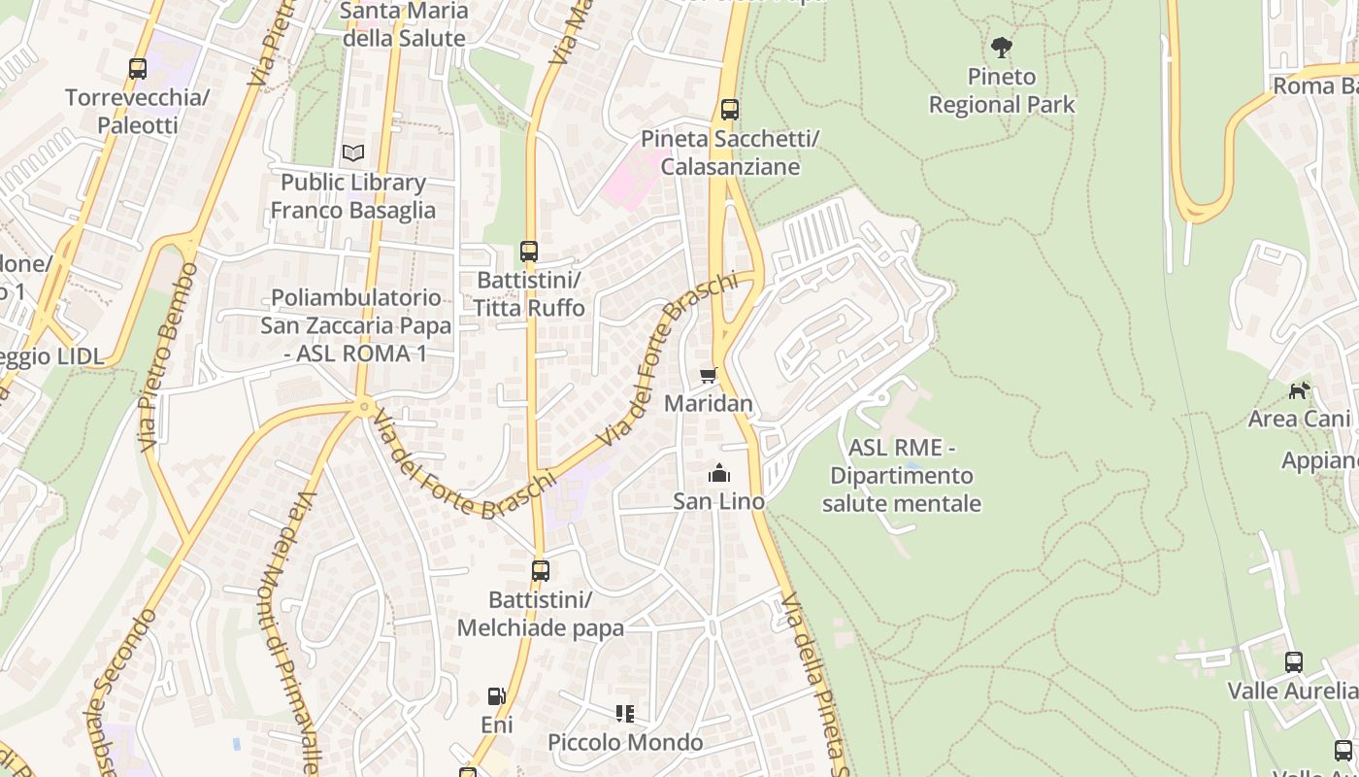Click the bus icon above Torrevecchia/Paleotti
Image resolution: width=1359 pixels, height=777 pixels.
pyautogui.click(x=138, y=69)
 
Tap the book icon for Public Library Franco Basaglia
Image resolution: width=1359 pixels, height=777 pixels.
pyautogui.click(x=353, y=153)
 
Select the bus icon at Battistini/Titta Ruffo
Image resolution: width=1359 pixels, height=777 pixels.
pyautogui.click(x=529, y=252)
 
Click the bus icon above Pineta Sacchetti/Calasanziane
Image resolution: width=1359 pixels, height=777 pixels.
pyautogui.click(x=730, y=110)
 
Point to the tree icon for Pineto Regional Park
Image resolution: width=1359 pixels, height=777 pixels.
pyautogui.click(x=1002, y=47)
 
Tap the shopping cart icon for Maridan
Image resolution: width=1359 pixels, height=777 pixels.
pyautogui.click(x=709, y=375)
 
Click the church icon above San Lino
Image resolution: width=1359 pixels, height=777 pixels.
pyautogui.click(x=719, y=473)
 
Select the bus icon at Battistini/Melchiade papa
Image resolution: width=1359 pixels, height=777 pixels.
pyautogui.click(x=541, y=571)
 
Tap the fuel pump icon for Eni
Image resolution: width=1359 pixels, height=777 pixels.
pyautogui.click(x=497, y=696)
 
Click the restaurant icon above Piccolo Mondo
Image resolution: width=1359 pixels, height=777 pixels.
pyautogui.click(x=625, y=714)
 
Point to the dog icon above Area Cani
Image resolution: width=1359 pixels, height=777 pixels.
pyautogui.click(x=1299, y=390)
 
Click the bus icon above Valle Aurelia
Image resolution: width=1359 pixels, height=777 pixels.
pyautogui.click(x=1294, y=662)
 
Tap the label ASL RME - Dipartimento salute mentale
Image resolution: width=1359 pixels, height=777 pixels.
pyautogui.click(x=902, y=476)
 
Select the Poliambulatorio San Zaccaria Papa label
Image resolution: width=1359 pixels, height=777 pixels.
pyautogui.click(x=355, y=325)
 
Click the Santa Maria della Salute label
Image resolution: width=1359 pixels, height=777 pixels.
pyautogui.click(x=405, y=25)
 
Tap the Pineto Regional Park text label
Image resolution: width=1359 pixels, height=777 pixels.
pyautogui.click(x=1002, y=90)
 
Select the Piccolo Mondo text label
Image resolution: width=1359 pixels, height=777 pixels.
pyautogui.click(x=625, y=743)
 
